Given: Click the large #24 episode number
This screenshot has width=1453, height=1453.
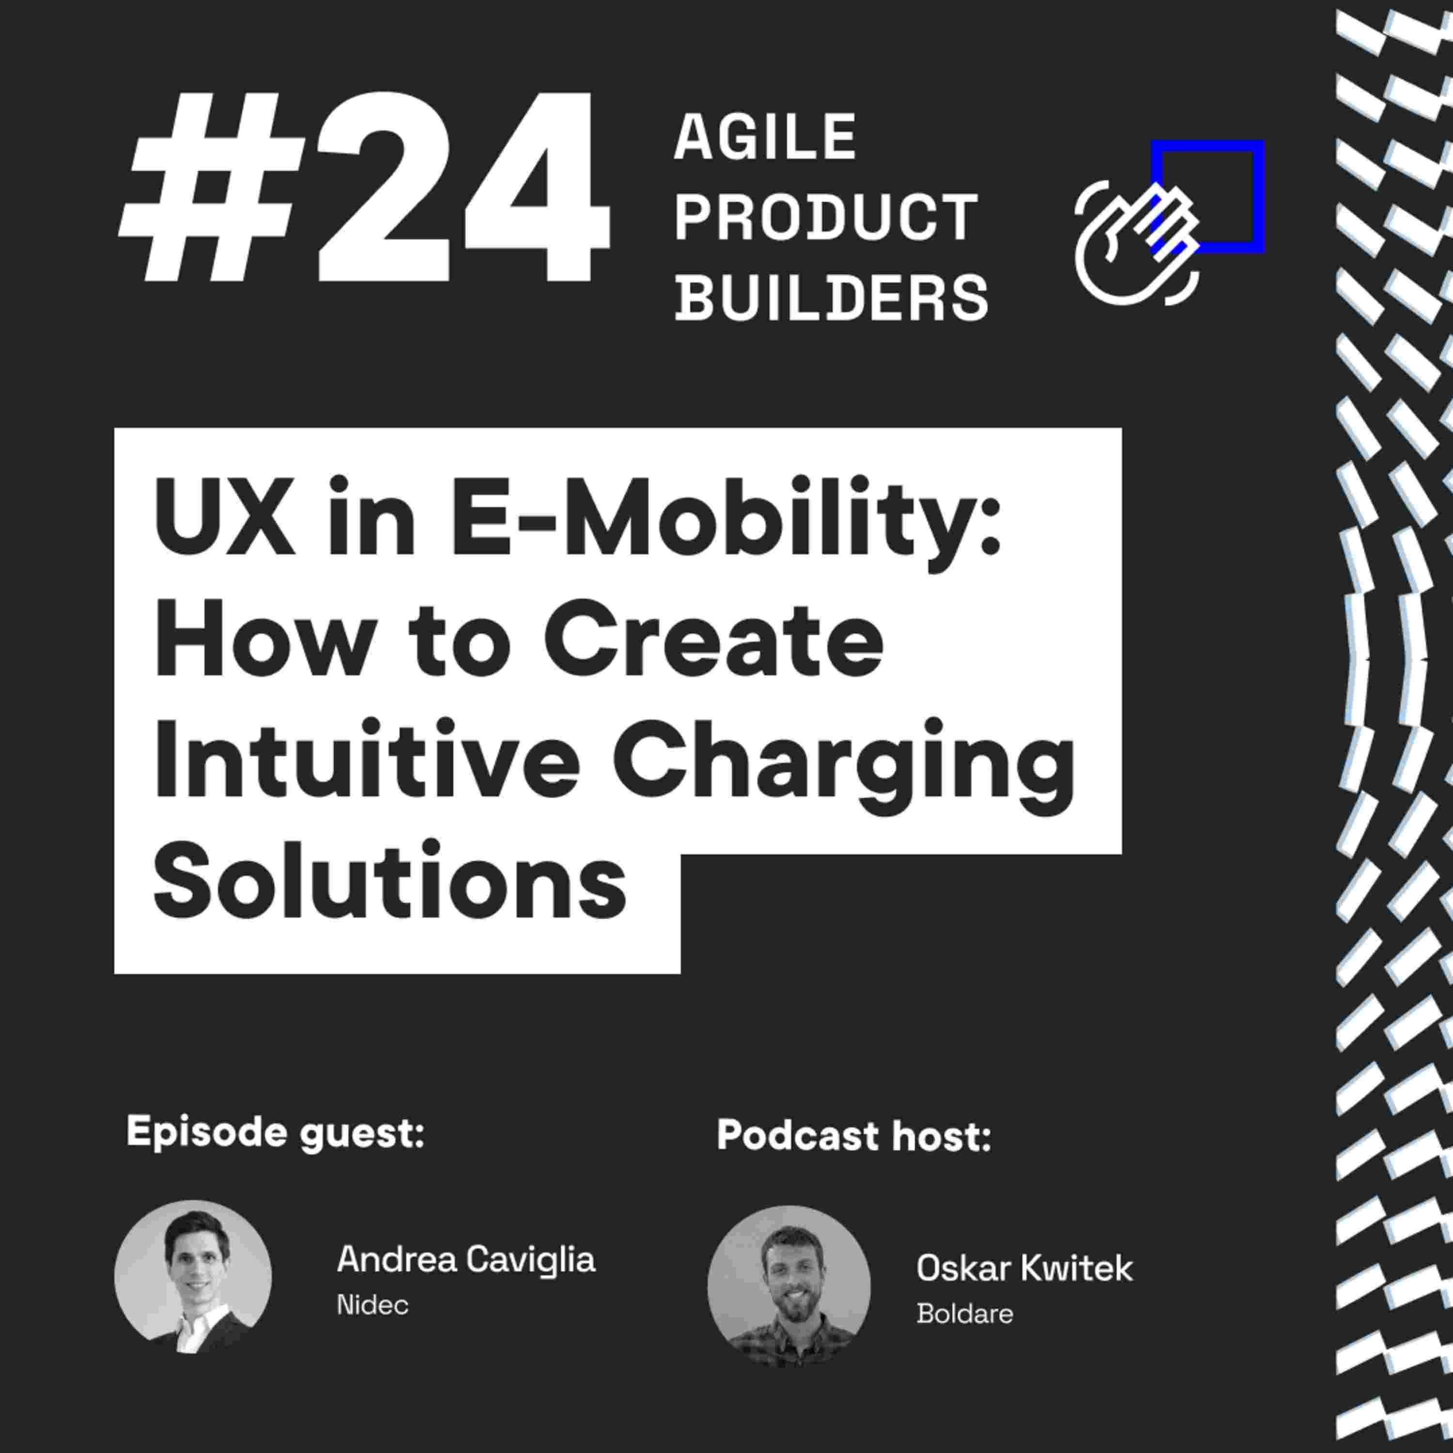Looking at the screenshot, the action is point(364,188).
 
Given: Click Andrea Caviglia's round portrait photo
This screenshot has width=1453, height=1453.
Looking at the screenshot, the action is point(193,1277).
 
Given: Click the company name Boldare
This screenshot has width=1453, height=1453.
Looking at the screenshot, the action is point(965,1314).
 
